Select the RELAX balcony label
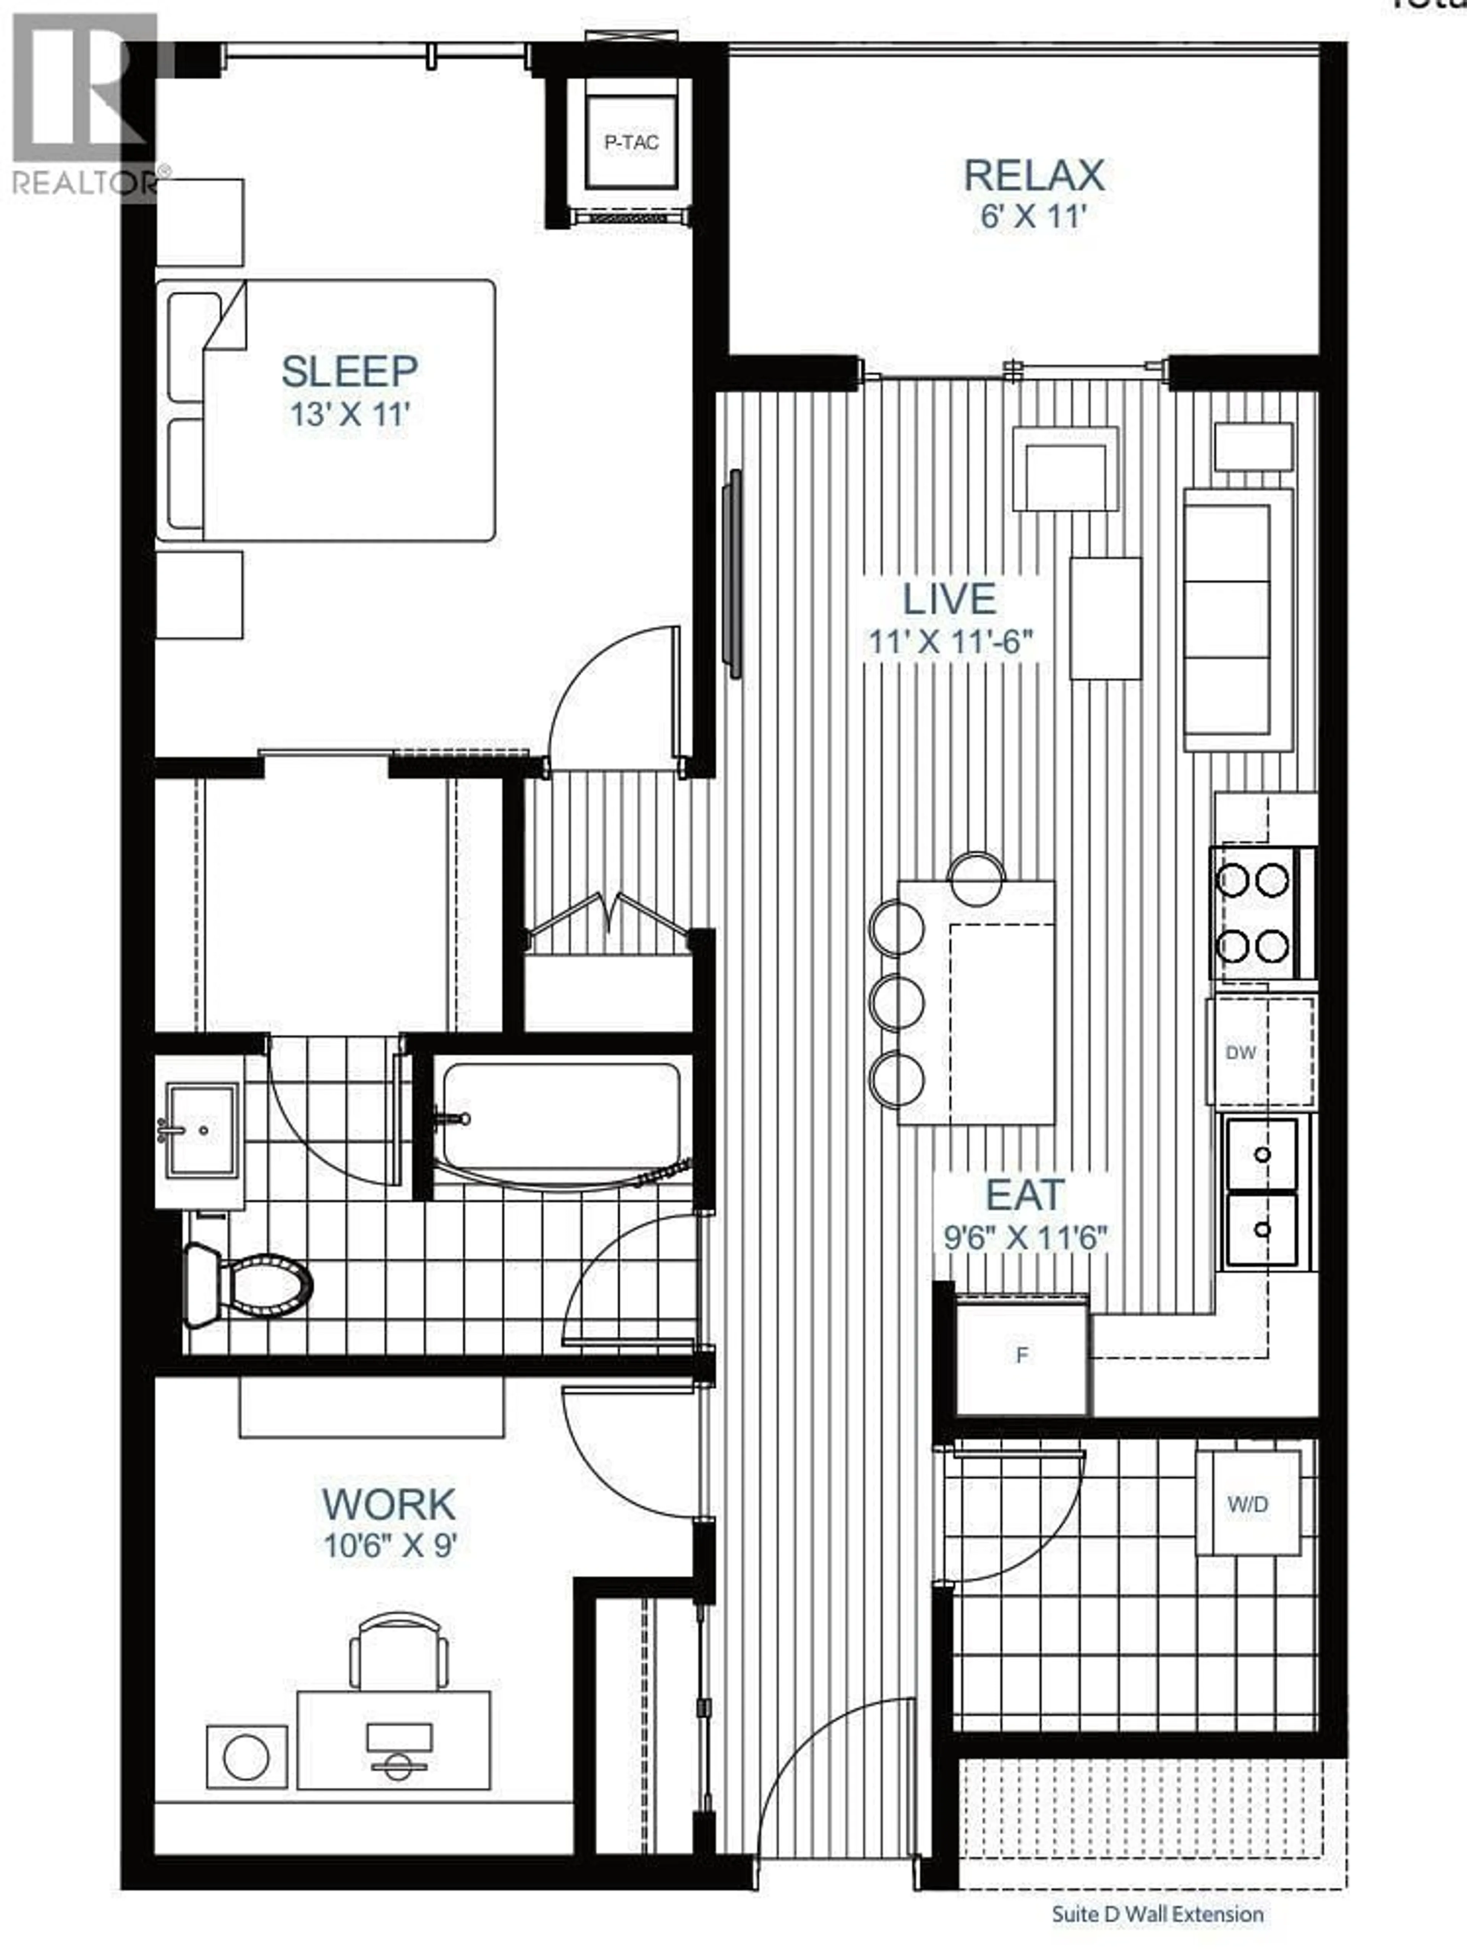pos(1033,175)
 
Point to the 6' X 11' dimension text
pos(1032,217)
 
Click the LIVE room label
pos(949,600)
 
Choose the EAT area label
pos(1025,1195)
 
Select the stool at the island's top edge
pos(976,878)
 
